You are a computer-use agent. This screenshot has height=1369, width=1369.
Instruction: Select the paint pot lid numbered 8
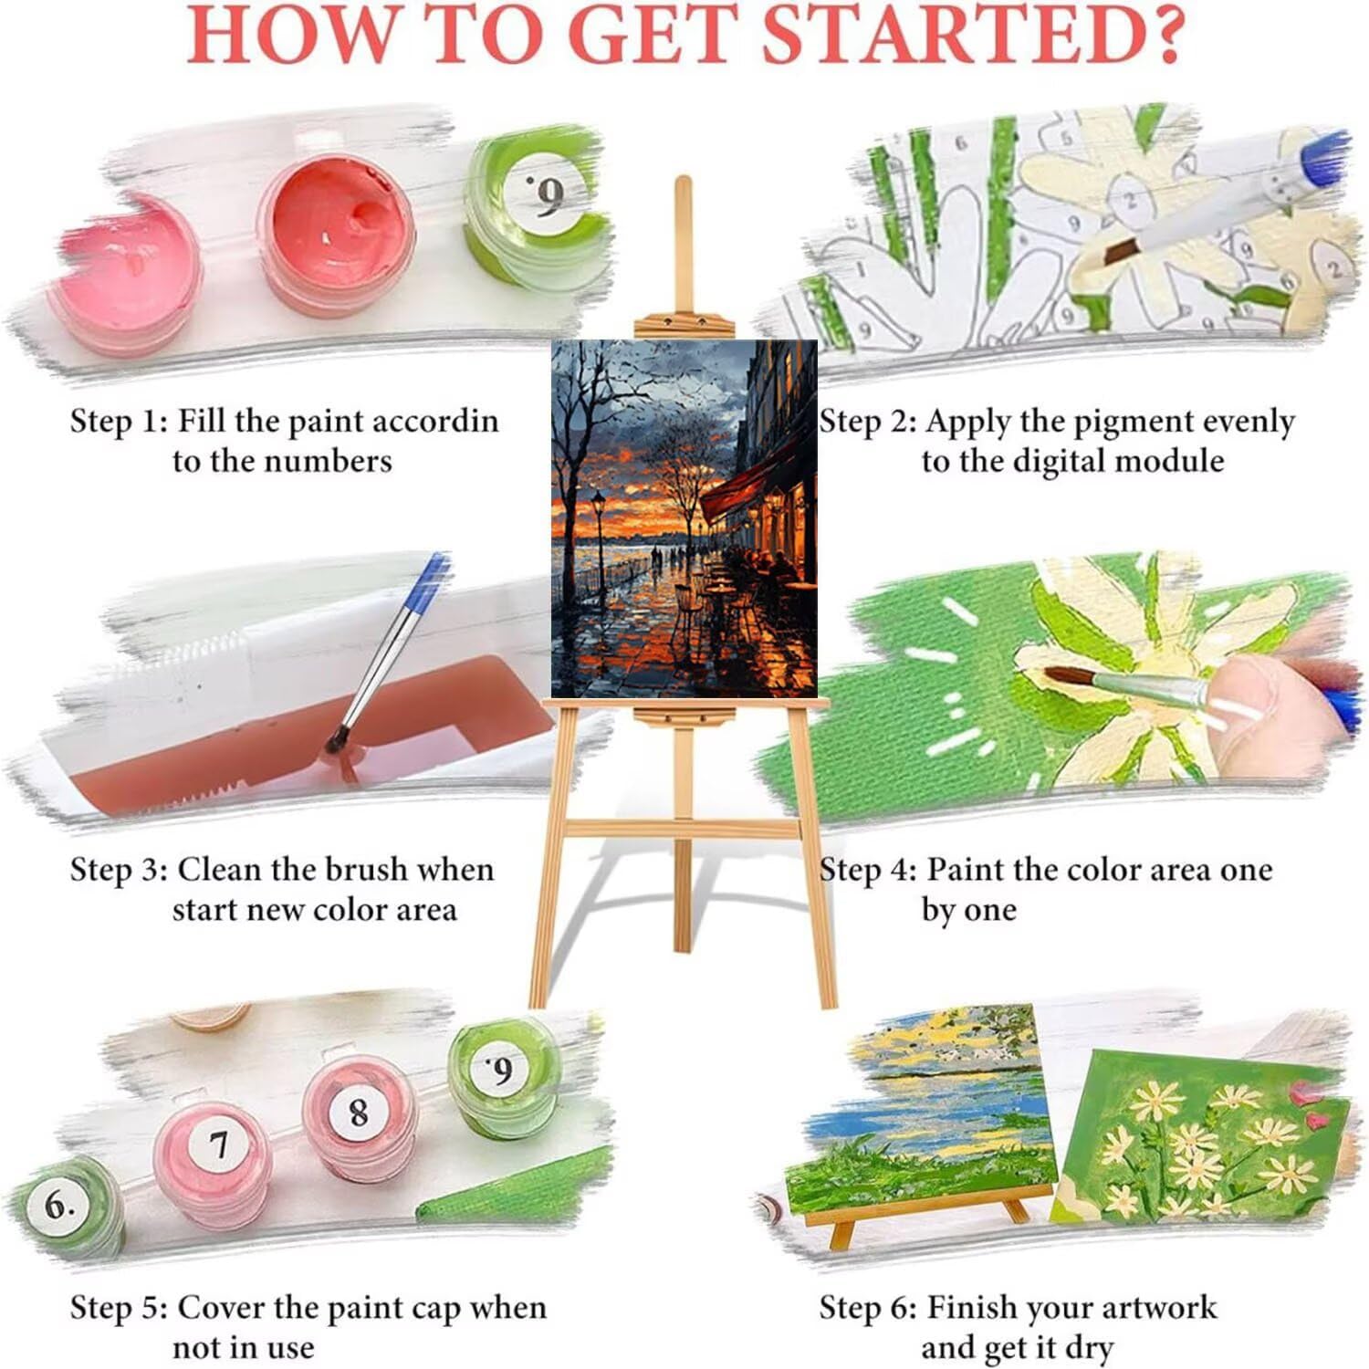[x=358, y=1111]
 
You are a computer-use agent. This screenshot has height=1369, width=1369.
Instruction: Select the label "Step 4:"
[x=867, y=870]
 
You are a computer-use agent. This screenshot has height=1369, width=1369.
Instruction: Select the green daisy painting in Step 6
[x=1201, y=1137]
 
